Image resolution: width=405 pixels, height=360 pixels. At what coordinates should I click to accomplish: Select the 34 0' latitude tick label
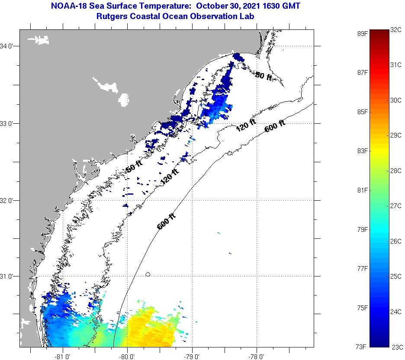pos(9,46)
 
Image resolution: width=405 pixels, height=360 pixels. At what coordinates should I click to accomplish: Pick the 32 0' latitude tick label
pos(9,200)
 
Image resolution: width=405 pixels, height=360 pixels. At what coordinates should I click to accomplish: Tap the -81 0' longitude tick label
pos(63,357)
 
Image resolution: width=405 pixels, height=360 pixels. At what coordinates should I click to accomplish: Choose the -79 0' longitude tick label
pos(192,357)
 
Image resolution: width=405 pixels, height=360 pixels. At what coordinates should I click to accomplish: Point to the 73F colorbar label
pos(362,347)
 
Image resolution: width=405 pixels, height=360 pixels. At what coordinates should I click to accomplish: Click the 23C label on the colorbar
pos(397,347)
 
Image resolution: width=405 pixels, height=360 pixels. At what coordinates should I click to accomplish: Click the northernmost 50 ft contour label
pos(264,76)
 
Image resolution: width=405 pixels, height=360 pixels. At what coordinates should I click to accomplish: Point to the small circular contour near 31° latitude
pos(148,274)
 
